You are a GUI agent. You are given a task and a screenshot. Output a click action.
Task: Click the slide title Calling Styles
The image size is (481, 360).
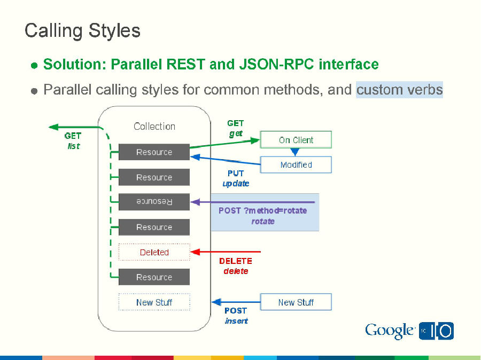click(82, 30)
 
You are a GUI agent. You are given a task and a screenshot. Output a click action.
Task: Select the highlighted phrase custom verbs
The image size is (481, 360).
click(399, 89)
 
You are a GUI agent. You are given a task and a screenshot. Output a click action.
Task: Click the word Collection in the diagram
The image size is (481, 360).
click(154, 127)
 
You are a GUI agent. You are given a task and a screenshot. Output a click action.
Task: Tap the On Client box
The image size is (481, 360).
click(296, 140)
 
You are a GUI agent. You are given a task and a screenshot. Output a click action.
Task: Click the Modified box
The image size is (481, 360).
click(296, 165)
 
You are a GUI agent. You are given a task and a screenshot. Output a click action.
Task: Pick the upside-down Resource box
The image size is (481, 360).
click(154, 202)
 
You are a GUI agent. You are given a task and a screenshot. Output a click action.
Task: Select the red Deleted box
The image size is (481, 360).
click(154, 252)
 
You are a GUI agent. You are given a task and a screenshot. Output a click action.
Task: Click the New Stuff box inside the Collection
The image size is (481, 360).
click(154, 302)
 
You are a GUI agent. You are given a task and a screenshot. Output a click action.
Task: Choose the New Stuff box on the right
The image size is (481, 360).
click(296, 302)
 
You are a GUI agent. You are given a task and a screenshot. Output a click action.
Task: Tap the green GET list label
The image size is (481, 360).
click(73, 141)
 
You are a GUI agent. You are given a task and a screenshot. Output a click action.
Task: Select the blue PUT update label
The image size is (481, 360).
click(236, 178)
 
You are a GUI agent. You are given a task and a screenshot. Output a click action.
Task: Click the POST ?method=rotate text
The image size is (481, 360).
click(262, 210)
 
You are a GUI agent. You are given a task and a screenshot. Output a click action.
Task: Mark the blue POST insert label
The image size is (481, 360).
click(236, 316)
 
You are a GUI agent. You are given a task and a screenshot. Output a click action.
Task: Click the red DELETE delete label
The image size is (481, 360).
click(236, 266)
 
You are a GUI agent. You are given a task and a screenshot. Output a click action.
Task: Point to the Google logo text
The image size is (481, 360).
click(390, 331)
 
